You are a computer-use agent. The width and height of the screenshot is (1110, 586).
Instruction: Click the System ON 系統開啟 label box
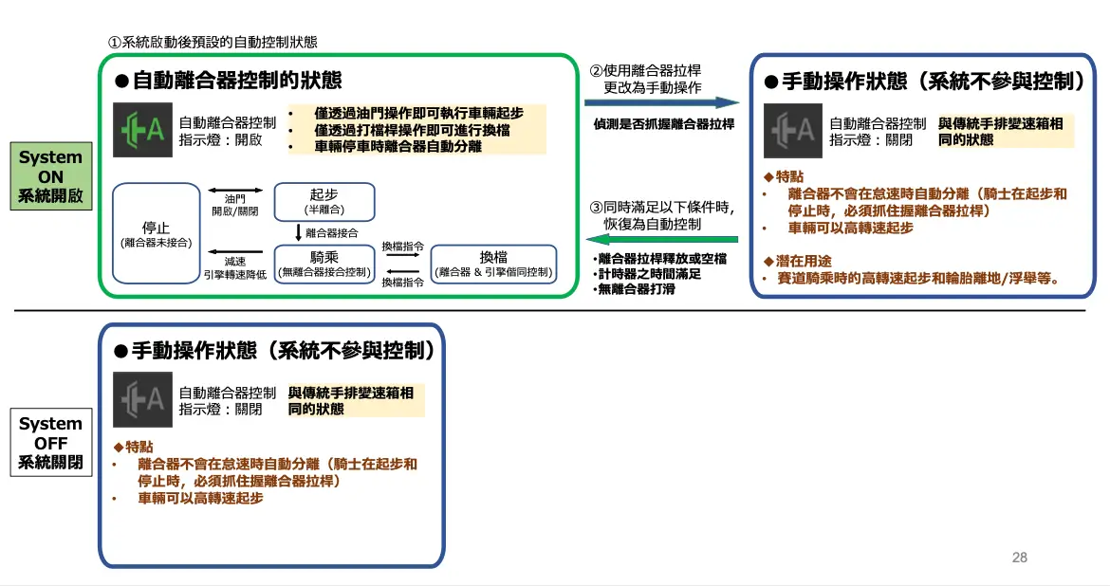pos(50,177)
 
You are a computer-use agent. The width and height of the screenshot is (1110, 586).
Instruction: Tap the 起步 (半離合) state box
pos(324,201)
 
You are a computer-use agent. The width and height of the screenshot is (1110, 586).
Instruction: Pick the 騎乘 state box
pos(324,264)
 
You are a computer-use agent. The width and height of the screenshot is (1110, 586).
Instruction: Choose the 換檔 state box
pos(493,264)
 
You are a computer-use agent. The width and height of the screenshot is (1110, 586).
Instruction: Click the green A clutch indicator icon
pos(142,129)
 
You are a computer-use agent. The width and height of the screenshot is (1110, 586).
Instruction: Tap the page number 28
pos(1020,558)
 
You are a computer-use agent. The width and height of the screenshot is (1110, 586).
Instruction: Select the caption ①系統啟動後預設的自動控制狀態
pos(213,42)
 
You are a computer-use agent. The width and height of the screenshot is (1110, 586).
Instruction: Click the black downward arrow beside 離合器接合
pos(298,232)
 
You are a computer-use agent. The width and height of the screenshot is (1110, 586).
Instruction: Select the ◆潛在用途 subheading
pos(801,261)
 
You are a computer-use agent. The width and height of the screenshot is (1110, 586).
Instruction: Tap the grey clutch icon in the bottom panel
pos(142,399)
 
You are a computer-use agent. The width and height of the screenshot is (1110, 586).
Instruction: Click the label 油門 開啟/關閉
pos(234,205)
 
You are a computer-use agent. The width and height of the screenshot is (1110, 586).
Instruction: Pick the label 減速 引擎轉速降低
pos(234,268)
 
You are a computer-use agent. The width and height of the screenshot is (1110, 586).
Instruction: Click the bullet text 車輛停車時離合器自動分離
pos(398,146)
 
